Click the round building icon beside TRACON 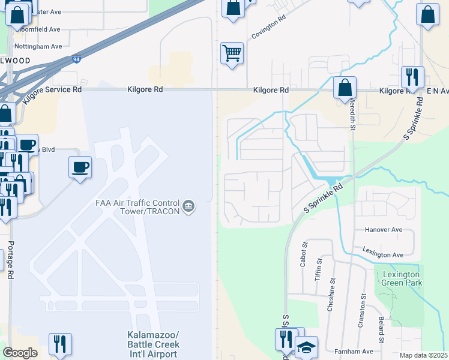tap(188, 207)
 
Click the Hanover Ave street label tap(384, 230)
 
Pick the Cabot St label tap(304, 253)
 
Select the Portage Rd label tap(10, 261)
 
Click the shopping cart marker tap(232, 53)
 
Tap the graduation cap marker tap(307, 347)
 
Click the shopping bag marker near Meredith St tap(345, 88)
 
